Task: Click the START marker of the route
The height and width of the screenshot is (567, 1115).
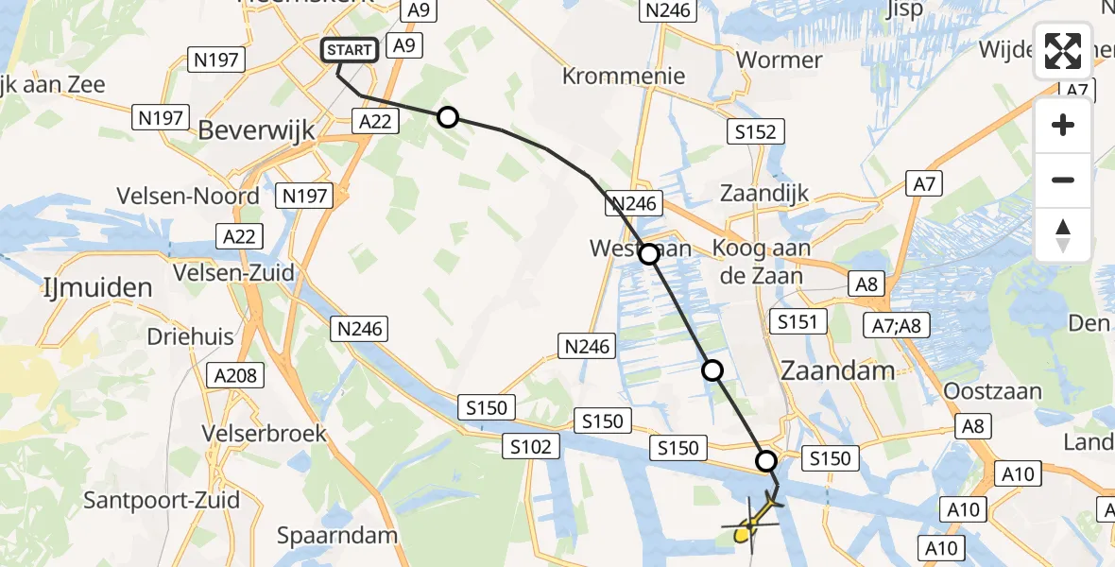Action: [351, 50]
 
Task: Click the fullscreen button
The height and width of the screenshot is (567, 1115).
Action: [1063, 51]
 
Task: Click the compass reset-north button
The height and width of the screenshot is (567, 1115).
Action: [1063, 235]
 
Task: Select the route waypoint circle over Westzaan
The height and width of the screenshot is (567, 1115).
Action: [649, 253]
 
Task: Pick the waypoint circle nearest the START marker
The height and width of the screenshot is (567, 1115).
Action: [448, 117]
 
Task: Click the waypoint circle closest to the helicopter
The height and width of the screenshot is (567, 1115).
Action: [766, 461]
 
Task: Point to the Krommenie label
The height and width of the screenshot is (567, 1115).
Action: [624, 76]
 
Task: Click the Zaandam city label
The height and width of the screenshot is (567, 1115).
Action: [838, 370]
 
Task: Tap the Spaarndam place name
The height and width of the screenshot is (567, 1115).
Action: [337, 535]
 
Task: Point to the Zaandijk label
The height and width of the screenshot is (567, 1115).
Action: [764, 193]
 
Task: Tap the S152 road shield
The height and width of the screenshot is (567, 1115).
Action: [757, 132]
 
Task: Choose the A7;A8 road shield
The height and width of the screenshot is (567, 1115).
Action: [897, 327]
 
